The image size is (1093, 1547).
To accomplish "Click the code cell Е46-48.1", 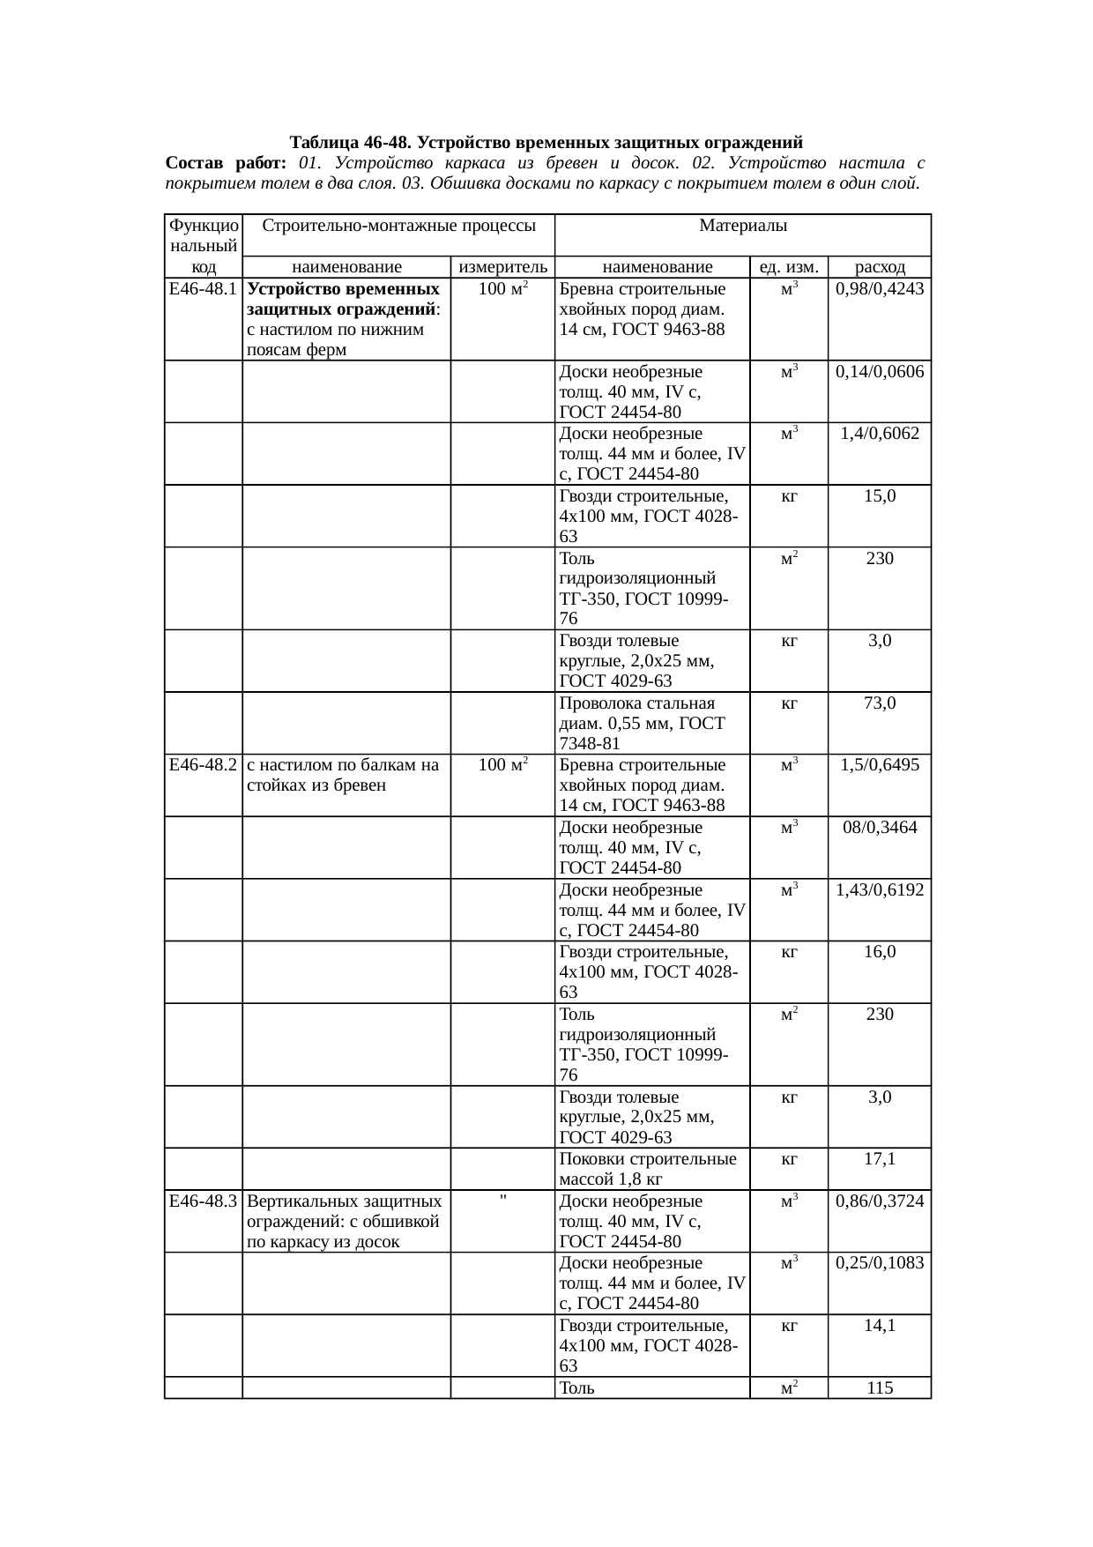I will pos(203,289).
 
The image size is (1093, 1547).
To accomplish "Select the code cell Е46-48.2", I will pos(203,765).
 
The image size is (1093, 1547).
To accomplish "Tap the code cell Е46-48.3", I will pos(203,1201).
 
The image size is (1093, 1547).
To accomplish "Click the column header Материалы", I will pos(742,226).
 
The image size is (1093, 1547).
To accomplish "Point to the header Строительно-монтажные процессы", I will pos(398,226).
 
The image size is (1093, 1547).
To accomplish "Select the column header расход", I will pos(879,267).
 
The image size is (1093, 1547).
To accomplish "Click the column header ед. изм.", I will pos(788,267).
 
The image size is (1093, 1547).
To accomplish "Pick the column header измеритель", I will pos(502,267).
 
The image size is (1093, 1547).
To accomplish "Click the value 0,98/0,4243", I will pos(879,289).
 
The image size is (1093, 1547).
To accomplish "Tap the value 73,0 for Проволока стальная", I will pos(879,703).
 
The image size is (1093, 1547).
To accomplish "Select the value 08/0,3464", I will pos(879,828).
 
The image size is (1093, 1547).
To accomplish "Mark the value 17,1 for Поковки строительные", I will pos(879,1159).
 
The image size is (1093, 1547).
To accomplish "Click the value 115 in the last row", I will pos(879,1388).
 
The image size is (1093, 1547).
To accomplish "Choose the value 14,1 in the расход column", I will pos(879,1325).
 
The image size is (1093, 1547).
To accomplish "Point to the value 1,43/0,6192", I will pos(879,889).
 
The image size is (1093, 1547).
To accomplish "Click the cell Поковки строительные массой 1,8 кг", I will pos(651,1169).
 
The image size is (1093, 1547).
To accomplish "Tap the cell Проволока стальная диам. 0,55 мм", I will pos(651,723).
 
